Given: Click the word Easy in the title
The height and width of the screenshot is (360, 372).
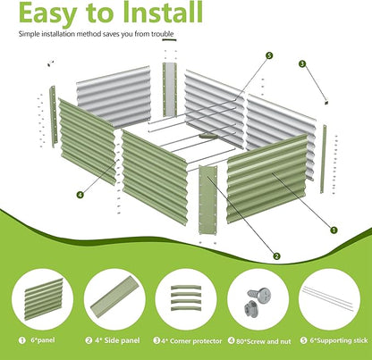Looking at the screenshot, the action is pos(47,13).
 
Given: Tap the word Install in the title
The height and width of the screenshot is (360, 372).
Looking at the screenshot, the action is pos(164,12).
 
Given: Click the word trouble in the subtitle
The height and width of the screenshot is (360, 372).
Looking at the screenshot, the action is pos(162,34).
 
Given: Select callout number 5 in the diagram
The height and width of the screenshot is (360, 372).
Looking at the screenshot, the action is pos(269,55).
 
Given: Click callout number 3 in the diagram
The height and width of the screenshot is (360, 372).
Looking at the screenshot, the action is pos(302,63).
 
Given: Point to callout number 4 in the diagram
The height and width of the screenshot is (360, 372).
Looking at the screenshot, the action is pos(80,195).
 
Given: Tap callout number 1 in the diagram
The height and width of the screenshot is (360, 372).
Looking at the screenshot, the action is pos(334,230).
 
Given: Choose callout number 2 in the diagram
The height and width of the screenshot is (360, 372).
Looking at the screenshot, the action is pos(276,256).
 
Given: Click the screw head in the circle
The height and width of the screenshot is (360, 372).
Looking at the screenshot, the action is pos(263,295).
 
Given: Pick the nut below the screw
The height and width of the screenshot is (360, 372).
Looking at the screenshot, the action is pos(250,309).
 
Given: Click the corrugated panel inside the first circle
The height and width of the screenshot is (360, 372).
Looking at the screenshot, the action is pos(44,298).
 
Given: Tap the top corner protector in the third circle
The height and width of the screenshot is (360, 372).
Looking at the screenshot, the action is pos(186,288).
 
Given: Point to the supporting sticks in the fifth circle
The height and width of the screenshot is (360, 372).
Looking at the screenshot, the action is pos(327,297).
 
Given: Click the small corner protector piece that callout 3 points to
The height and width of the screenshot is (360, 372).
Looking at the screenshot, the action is pos(326,103).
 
